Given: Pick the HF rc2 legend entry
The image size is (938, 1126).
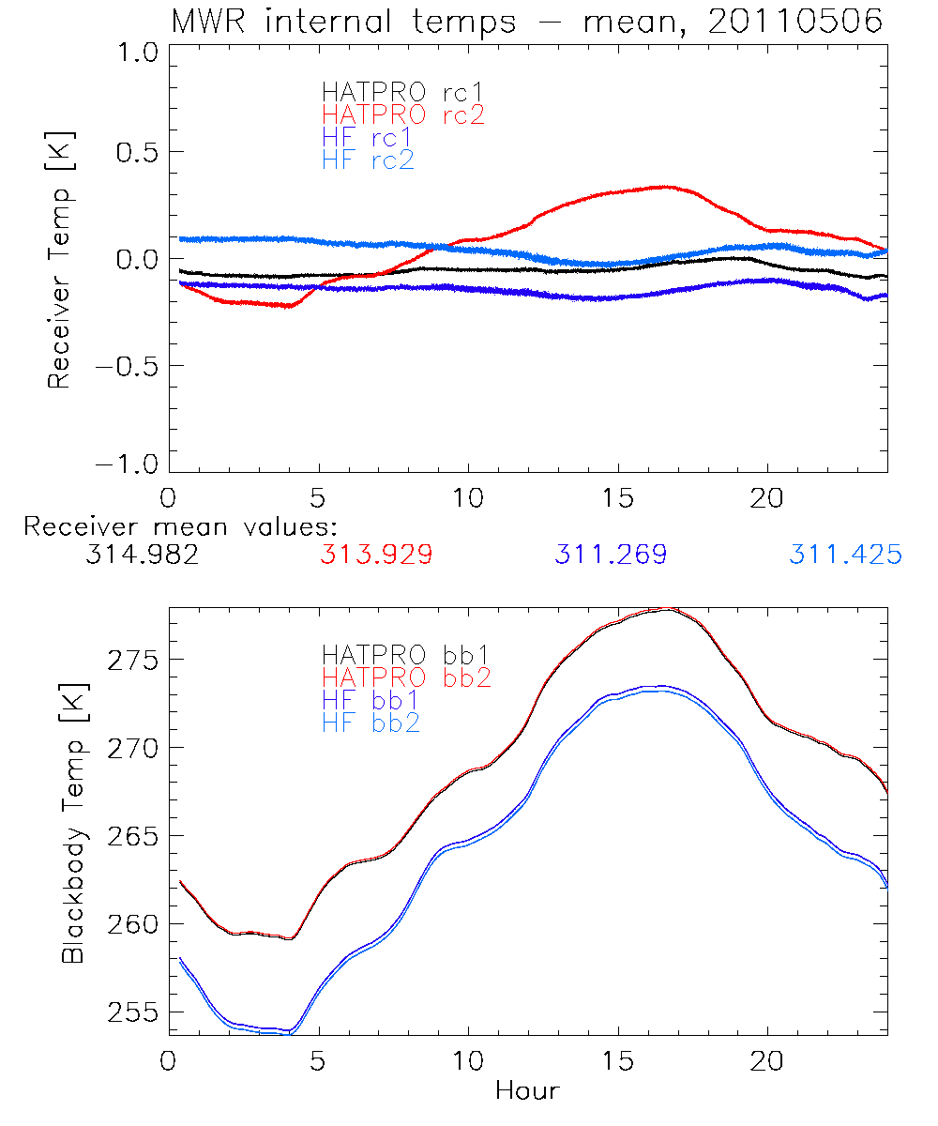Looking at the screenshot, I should point(368,160).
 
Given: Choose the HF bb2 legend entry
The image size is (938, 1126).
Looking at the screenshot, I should point(370,723).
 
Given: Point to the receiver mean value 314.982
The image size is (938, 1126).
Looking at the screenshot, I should point(141,555).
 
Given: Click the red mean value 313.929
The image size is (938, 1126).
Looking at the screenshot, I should point(376,555).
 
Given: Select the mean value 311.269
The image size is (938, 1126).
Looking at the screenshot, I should point(611,555).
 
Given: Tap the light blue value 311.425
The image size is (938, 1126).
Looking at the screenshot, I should point(845,555).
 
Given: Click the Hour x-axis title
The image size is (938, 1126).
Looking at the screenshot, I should point(527,1091).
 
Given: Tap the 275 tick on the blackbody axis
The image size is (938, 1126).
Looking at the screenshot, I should point(132,660).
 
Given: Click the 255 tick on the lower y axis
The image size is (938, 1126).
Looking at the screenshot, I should point(132,1012).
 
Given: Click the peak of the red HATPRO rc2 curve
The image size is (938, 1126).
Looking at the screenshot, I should point(664,187).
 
